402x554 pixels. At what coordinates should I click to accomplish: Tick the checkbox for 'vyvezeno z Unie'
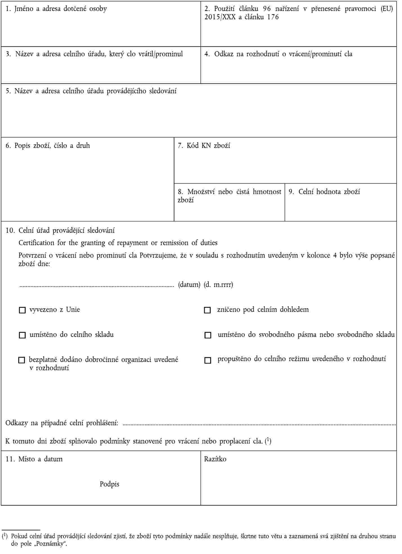tap(22, 310)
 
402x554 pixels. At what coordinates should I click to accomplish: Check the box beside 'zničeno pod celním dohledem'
tap(207, 310)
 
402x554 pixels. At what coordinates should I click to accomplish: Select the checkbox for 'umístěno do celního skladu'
tap(22, 335)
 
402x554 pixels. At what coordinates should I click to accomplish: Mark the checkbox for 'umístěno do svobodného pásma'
tap(208, 335)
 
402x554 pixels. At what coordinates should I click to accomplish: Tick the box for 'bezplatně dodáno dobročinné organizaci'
tap(22, 360)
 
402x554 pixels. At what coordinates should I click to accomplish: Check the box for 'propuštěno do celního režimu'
tap(208, 360)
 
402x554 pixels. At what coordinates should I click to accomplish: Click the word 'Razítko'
tap(215, 459)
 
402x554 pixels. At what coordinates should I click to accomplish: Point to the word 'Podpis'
tap(109, 484)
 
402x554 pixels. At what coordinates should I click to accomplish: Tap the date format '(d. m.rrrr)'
tap(218, 284)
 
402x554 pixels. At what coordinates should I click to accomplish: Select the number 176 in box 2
tap(273, 17)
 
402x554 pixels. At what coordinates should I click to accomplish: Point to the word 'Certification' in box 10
tap(36, 243)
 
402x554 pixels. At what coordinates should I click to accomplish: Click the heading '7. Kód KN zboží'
tap(204, 145)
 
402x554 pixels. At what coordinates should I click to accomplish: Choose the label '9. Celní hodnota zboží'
tap(324, 192)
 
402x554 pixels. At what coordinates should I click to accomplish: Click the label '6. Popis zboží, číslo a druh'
tap(48, 145)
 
